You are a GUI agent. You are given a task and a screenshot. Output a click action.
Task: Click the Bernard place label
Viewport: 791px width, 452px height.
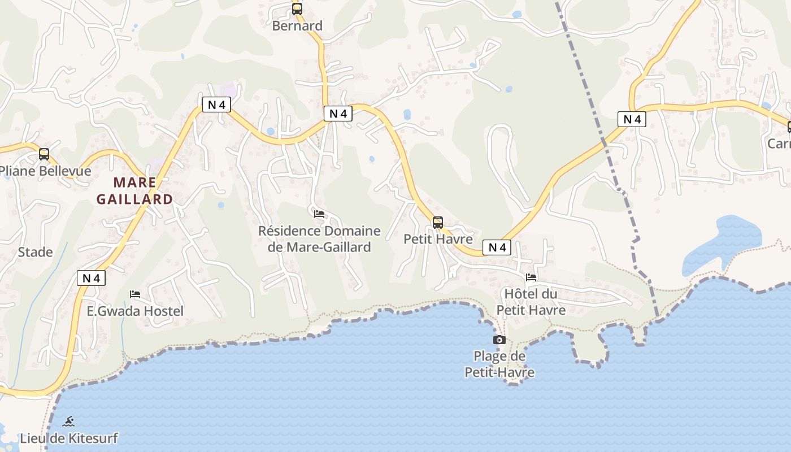click(297, 26)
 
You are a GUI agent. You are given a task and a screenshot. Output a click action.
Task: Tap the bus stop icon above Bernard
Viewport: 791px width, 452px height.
click(297, 9)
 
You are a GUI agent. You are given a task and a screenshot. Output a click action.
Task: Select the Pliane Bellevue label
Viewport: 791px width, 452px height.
click(45, 171)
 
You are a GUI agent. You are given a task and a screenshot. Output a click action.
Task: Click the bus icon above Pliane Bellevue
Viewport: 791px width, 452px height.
click(44, 154)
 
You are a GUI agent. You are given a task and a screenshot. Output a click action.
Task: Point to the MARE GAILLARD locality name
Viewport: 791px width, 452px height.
click(134, 190)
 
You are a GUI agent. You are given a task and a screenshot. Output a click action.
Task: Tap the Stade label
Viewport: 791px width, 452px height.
click(35, 252)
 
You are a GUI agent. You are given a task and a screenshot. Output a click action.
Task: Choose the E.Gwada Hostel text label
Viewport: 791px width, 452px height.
click(135, 311)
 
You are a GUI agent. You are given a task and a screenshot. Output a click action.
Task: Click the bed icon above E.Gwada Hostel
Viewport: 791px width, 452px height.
click(135, 294)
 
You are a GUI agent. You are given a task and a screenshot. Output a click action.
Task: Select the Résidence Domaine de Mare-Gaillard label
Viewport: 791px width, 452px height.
click(319, 239)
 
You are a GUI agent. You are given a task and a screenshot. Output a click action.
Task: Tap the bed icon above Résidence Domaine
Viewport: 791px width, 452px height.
click(319, 214)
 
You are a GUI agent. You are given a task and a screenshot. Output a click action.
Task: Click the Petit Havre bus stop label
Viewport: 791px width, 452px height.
click(438, 239)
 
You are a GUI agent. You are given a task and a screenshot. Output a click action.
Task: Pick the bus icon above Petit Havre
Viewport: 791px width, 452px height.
click(438, 222)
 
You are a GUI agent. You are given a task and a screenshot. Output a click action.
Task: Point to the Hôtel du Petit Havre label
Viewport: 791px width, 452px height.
click(531, 302)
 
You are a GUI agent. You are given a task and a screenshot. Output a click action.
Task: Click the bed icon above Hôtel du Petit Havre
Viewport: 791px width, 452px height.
click(531, 277)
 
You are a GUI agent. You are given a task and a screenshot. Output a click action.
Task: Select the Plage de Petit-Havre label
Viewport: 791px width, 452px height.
click(499, 364)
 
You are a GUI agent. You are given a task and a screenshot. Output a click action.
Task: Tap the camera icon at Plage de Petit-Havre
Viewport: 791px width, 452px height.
click(499, 340)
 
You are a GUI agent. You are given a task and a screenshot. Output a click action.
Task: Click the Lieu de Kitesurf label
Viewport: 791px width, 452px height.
click(69, 438)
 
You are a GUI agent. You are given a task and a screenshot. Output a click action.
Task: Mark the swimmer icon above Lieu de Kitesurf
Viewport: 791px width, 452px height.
click(69, 421)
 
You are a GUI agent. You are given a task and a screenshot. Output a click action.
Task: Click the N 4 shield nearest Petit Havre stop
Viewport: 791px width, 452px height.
click(497, 247)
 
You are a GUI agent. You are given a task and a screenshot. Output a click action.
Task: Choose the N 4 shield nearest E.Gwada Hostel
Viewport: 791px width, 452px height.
click(91, 278)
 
